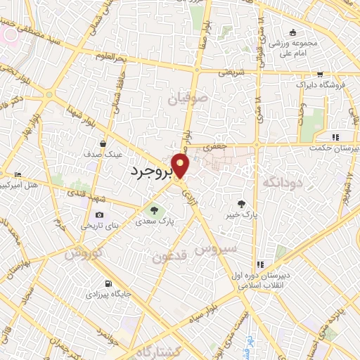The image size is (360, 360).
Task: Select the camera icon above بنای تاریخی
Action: [x=99, y=214]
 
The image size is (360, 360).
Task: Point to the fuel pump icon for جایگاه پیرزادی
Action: [x=107, y=284]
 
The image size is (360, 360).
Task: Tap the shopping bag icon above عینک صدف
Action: [x=103, y=141]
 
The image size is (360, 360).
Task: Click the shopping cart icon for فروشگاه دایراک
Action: [x=320, y=73]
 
